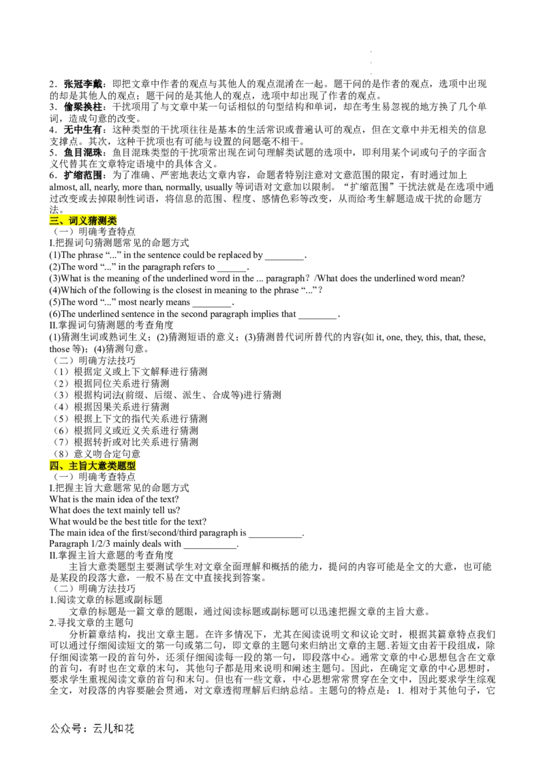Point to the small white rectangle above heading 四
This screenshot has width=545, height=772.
click(196, 450)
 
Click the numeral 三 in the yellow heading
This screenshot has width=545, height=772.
click(54, 220)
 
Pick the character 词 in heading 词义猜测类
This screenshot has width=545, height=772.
click(74, 220)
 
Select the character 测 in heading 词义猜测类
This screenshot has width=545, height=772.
click(103, 220)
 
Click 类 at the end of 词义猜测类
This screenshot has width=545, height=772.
click(112, 220)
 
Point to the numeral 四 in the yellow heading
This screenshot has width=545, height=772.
click(54, 466)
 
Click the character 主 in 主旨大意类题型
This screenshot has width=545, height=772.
click(74, 466)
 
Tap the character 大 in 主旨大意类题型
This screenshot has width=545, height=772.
click(93, 466)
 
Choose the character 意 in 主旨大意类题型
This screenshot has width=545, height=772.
click(103, 466)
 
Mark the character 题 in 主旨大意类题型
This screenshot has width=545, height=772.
click(122, 466)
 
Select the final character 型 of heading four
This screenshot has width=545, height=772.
click(131, 466)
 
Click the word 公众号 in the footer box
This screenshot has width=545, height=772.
click(65, 728)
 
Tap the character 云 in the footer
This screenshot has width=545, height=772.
click(97, 728)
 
